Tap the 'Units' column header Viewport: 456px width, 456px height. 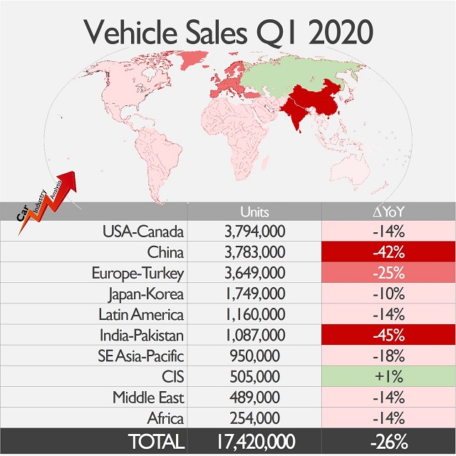click(x=254, y=212)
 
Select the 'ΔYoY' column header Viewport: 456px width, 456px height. click(x=388, y=212)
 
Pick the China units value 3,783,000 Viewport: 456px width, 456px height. click(x=254, y=252)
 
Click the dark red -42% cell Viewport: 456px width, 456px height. click(x=388, y=252)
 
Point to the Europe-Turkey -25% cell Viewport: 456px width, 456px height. click(x=388, y=273)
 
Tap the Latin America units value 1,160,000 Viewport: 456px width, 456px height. click(x=254, y=314)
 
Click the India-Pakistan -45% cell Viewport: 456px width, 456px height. click(x=388, y=335)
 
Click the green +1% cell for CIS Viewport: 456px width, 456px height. click(x=388, y=376)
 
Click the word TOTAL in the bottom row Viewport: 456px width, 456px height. click(x=155, y=441)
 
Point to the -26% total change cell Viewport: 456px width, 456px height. click(x=388, y=441)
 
